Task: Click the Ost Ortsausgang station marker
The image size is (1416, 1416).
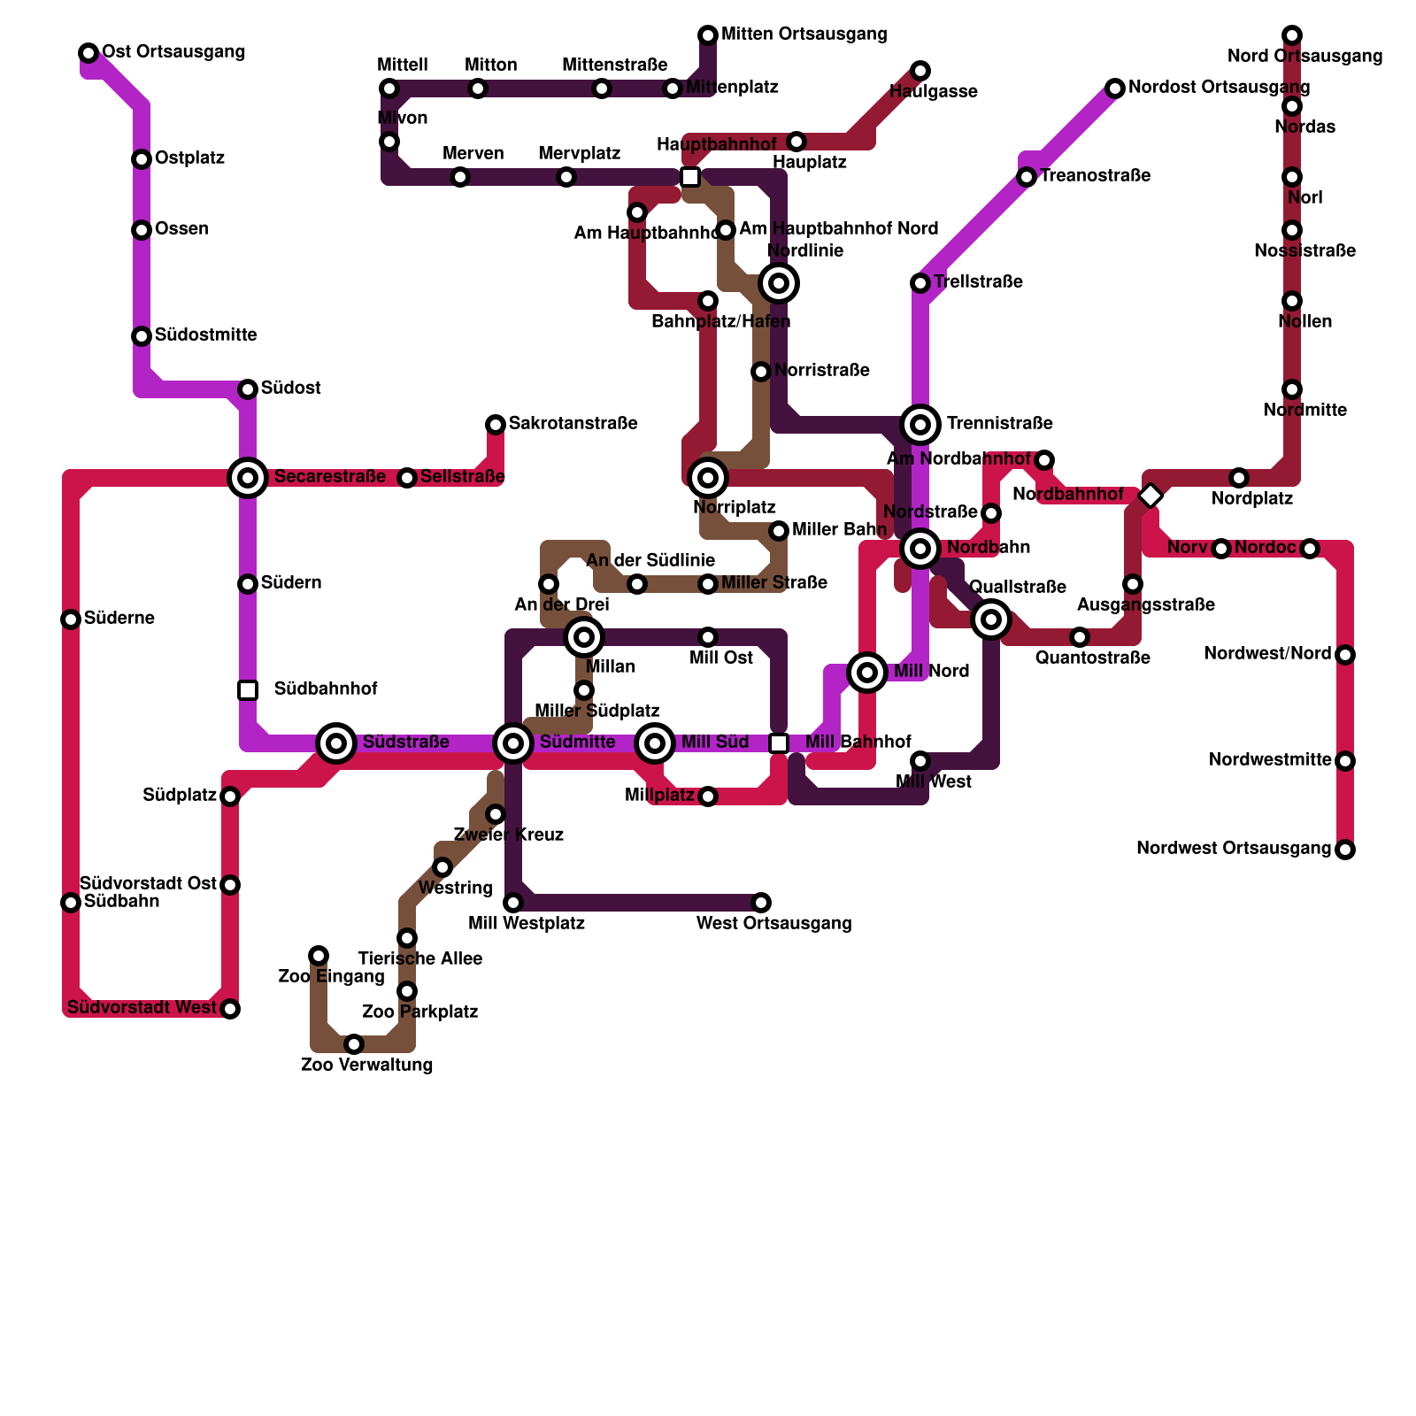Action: [88, 53]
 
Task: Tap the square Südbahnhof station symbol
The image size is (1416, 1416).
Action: [248, 689]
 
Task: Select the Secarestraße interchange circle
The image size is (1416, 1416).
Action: [248, 478]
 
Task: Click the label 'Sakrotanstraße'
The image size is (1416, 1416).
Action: [573, 424]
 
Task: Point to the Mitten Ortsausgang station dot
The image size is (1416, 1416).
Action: [708, 35]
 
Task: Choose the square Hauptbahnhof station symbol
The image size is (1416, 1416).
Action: [690, 177]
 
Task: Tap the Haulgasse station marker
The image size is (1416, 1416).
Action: [920, 71]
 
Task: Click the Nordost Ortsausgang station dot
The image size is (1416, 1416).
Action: [1115, 88]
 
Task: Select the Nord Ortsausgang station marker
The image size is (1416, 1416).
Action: [1292, 35]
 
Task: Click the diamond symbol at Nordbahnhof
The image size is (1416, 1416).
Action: [1150, 496]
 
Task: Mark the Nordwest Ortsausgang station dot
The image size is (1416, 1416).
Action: [1345, 850]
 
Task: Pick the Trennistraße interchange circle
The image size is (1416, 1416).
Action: [920, 425]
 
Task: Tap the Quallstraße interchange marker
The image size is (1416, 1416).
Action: [991, 619]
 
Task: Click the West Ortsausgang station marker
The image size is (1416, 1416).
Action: [761, 903]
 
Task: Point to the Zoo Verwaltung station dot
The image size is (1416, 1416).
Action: [354, 1044]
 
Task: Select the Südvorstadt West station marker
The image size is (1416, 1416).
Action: [230, 1009]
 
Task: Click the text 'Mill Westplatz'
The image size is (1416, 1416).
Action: [527, 924]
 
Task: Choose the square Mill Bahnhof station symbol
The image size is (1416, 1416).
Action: [779, 743]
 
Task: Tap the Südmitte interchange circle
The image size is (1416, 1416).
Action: [513, 743]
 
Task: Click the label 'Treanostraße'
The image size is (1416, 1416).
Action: [1095, 176]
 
